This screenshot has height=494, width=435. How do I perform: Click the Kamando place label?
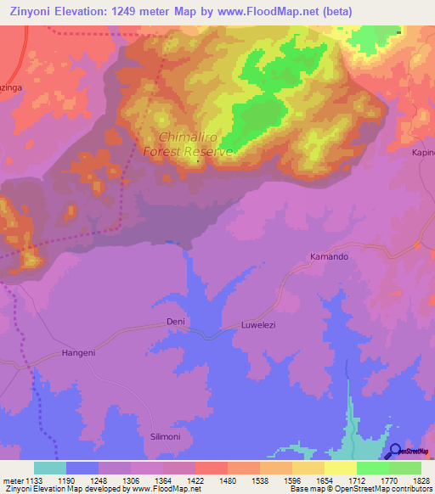[x=329, y=255]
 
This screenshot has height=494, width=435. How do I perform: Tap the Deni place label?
[x=175, y=322]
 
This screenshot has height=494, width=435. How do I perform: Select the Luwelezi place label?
[x=259, y=325]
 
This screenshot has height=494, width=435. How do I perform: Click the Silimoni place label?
[x=160, y=435]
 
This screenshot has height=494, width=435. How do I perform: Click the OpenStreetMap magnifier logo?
[x=395, y=452]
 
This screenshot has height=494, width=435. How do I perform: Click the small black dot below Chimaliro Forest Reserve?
[x=198, y=160]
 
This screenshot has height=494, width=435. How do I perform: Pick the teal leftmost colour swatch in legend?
[x=49, y=468]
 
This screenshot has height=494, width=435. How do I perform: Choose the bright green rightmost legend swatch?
[x=404, y=468]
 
